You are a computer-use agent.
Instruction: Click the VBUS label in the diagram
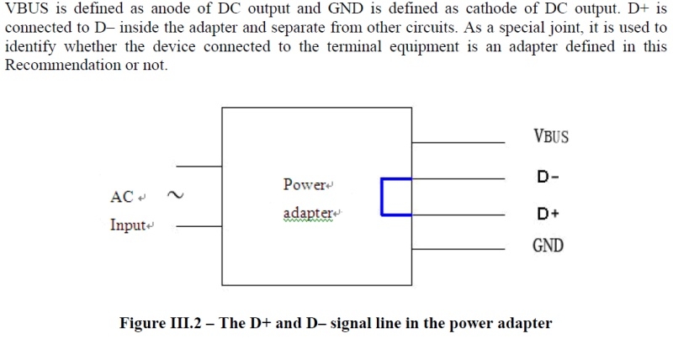point(551,136)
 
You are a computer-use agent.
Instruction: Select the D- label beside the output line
point(548,177)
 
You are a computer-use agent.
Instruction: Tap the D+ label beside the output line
point(548,214)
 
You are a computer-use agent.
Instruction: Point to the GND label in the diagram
point(548,246)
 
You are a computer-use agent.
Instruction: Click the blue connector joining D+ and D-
point(383,197)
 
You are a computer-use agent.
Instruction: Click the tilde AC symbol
point(174,196)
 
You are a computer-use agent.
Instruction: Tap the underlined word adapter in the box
point(308,214)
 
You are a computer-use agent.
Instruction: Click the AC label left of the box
point(123,198)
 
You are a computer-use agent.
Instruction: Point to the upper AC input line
point(199,167)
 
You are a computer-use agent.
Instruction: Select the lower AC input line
point(199,226)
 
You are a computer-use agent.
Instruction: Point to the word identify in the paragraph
point(30,47)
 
